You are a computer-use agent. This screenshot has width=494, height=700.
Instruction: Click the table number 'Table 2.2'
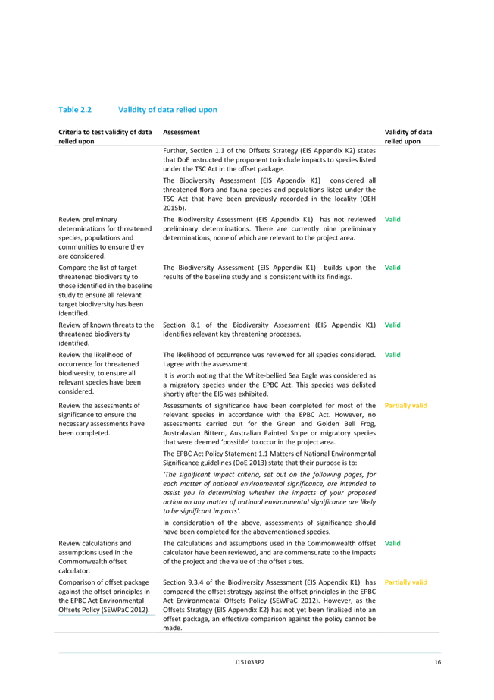point(75,110)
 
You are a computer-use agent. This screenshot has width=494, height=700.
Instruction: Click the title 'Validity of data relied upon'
point(167,110)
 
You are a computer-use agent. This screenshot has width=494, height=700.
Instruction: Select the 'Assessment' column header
point(181,132)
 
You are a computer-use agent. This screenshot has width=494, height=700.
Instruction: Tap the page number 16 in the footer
point(437,662)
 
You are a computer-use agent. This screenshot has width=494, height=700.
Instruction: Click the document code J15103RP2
point(250,662)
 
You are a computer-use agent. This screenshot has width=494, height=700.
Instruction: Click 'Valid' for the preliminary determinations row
point(392,220)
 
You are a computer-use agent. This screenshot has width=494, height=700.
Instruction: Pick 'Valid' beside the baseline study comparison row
point(392,268)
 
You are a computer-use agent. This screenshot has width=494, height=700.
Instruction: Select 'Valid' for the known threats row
point(392,325)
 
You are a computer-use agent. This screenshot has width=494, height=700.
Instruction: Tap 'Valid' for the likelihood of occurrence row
point(392,355)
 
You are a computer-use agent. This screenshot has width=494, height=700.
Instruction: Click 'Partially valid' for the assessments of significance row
point(405,406)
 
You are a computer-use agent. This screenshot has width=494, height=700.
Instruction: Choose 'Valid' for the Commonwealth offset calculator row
point(392,543)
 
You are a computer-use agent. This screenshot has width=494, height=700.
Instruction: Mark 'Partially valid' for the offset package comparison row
point(405,582)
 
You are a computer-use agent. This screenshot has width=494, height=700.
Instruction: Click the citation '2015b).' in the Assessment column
point(174,208)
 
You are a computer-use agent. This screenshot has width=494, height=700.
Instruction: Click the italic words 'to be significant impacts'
point(199,511)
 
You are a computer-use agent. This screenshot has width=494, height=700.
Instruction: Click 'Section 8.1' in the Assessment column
point(180,325)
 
